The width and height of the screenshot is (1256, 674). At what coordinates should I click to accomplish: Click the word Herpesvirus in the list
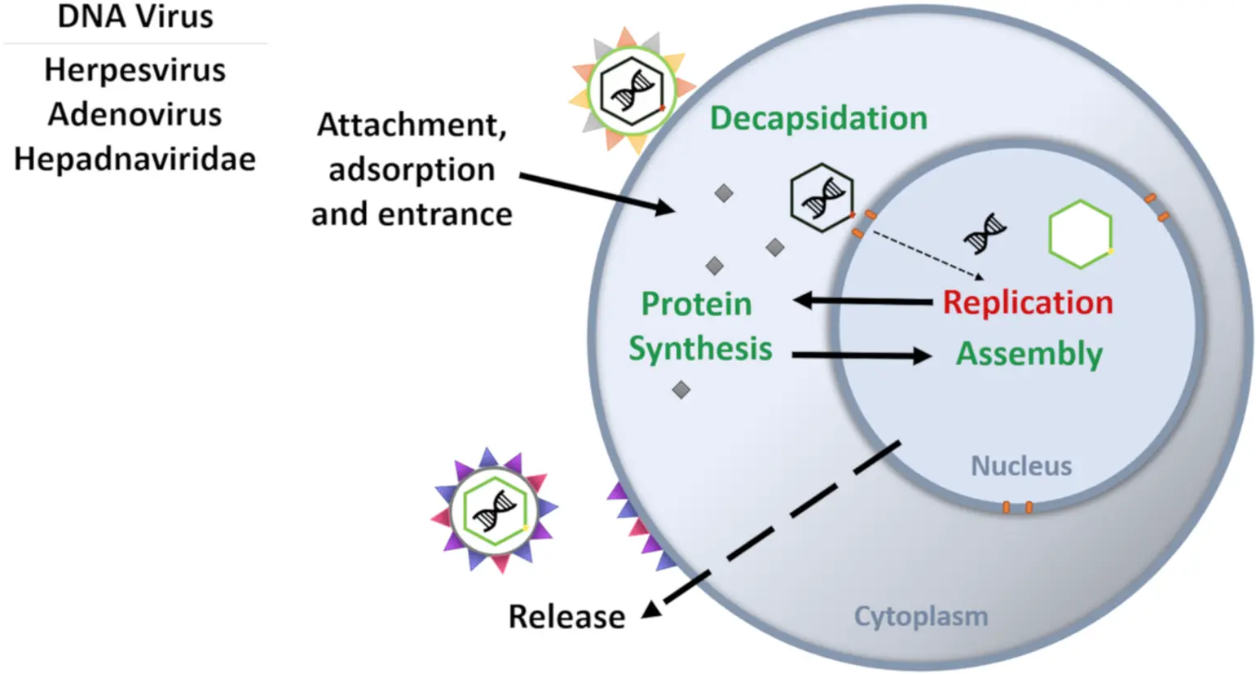tap(134, 70)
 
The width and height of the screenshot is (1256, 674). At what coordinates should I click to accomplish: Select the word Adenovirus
tap(134, 114)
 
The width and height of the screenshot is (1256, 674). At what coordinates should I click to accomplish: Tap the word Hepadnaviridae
tap(134, 158)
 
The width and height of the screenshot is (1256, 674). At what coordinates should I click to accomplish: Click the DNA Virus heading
tap(135, 16)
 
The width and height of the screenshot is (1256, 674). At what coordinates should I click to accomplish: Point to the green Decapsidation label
tap(818, 118)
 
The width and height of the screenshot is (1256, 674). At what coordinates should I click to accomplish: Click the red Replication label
tap(1027, 302)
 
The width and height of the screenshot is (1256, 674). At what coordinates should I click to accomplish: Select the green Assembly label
tap(1029, 354)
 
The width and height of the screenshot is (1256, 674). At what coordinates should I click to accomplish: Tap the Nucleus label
tap(1020, 465)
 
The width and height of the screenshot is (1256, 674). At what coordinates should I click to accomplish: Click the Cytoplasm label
tap(920, 616)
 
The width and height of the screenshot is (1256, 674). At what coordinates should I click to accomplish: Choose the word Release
tap(566, 617)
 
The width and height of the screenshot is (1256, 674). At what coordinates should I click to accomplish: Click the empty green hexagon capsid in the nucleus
tap(1080, 234)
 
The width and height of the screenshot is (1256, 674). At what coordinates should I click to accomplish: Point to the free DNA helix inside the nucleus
tap(985, 233)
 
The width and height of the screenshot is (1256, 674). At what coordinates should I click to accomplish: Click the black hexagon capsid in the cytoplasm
tap(821, 197)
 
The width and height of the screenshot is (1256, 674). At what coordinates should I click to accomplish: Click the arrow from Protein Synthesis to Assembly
tap(861, 355)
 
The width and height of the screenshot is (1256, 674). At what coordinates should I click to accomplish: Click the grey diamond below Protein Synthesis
tap(681, 390)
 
